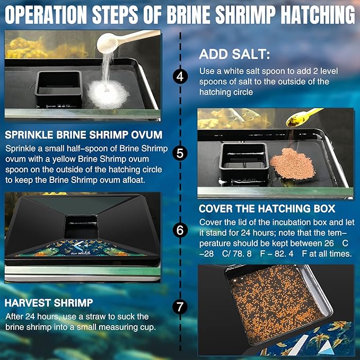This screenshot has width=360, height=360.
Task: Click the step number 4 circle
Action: click(x=180, y=76)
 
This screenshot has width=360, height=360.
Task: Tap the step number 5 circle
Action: click(x=180, y=154)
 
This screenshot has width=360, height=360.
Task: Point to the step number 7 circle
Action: click(x=180, y=307)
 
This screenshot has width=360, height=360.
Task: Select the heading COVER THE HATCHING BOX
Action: click(x=267, y=208)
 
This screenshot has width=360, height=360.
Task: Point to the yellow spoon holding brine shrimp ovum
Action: click(x=303, y=116)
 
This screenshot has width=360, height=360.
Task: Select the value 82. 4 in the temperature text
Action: click(x=305, y=253)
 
